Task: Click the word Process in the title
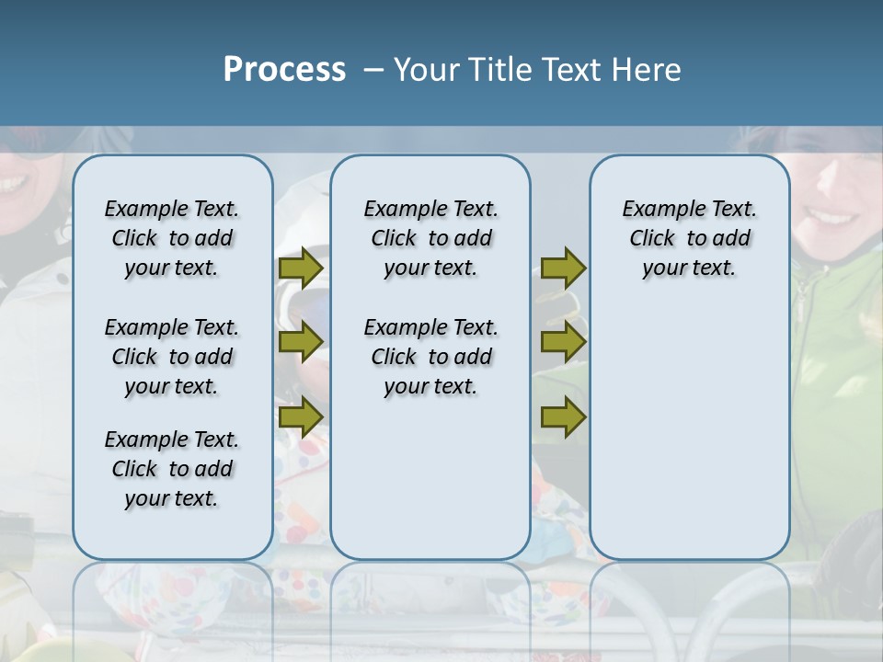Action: coord(284,70)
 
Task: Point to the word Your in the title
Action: coord(428,70)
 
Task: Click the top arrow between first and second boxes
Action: coord(301,268)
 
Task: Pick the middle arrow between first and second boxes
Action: coord(301,342)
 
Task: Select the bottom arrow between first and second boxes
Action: coord(301,417)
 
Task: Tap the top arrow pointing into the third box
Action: coord(563,268)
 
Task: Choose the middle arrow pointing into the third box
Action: coord(563,342)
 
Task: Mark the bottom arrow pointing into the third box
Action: coord(563,417)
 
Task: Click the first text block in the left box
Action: coord(172,238)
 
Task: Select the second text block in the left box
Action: coord(172,357)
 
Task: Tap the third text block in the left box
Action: coord(172,469)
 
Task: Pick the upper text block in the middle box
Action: coord(430,238)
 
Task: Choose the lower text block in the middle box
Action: coord(430,357)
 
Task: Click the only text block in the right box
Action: coord(689,238)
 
